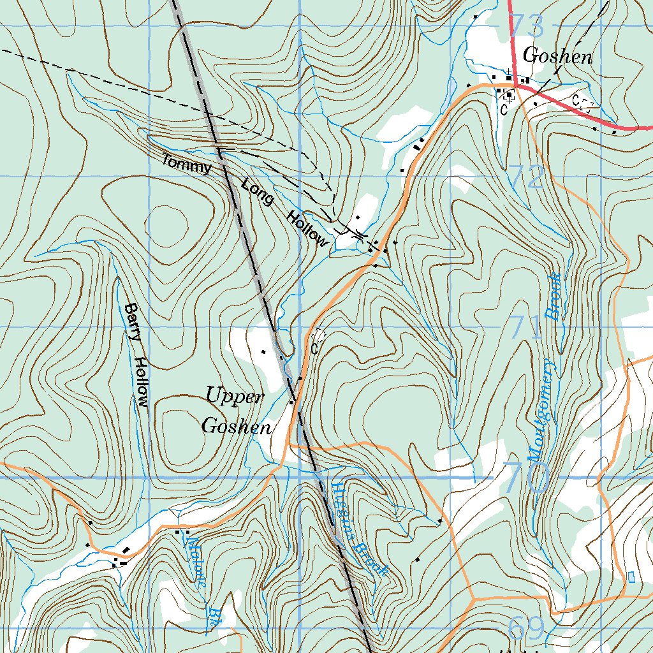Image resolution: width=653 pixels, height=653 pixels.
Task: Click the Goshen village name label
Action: coord(557,57)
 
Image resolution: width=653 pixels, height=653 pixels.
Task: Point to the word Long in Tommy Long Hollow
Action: coord(258,193)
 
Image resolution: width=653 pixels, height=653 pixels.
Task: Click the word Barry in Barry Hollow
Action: coord(131,322)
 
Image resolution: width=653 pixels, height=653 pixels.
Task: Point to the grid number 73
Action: coord(527,27)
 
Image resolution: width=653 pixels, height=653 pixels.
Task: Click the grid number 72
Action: coord(527,177)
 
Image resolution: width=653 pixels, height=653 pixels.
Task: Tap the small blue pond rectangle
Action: coord(631,576)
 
